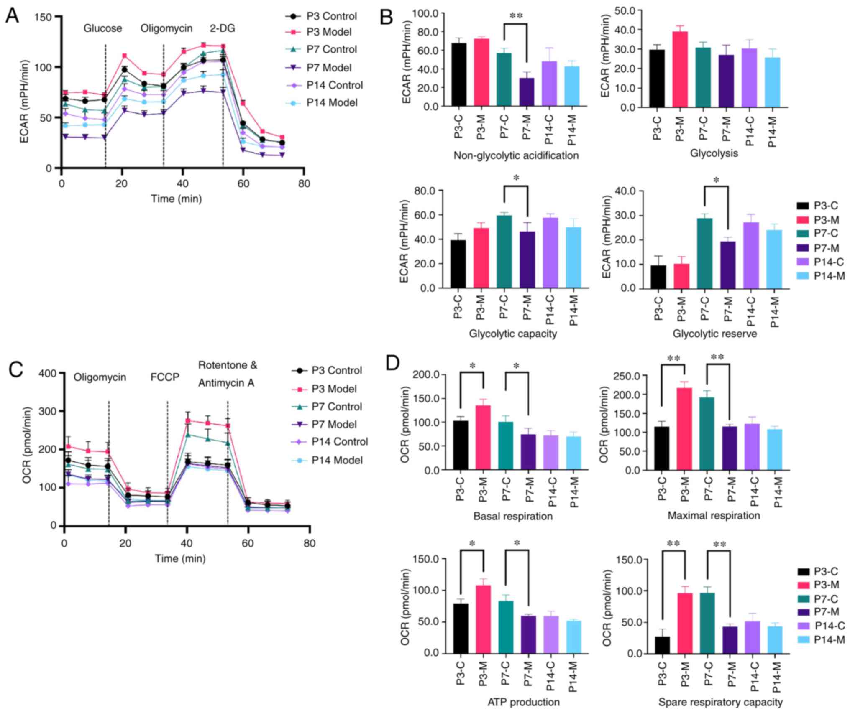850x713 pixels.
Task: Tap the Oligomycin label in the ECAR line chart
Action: (166, 28)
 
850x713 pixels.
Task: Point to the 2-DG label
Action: (222, 28)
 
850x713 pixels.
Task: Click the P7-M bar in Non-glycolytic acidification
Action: (527, 92)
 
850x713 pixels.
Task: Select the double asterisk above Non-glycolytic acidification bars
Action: (516, 16)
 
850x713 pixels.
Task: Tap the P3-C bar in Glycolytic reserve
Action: (659, 277)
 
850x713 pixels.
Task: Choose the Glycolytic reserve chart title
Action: (714, 334)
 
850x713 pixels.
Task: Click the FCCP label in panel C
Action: (165, 377)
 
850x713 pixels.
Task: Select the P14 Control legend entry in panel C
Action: (339, 442)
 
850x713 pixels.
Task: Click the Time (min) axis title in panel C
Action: (180, 558)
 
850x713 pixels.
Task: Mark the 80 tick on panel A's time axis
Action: (304, 183)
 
